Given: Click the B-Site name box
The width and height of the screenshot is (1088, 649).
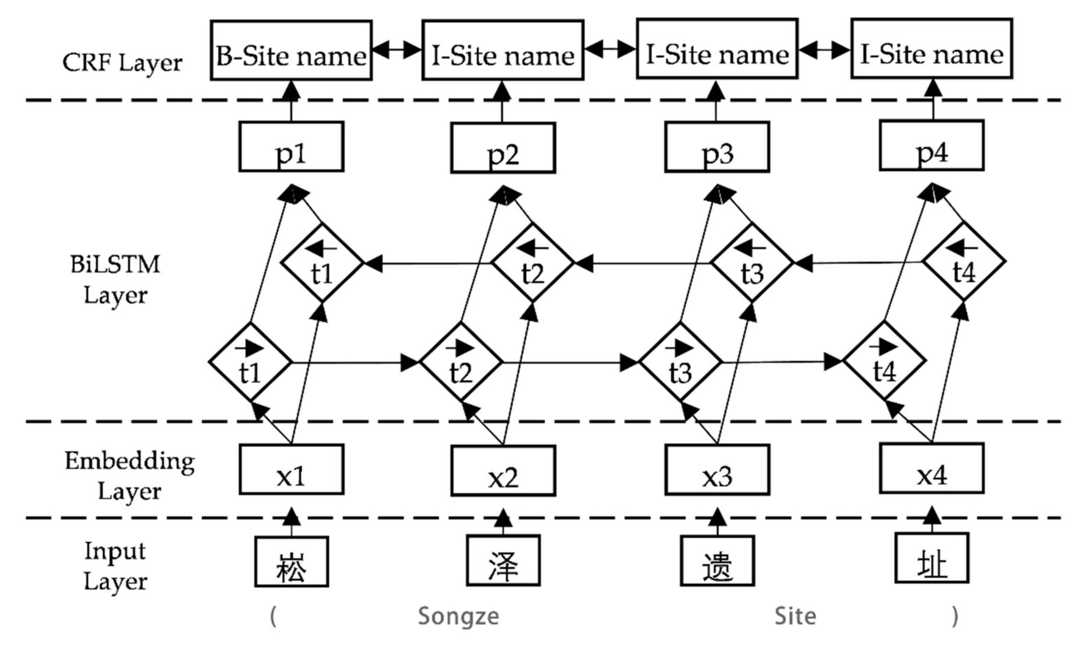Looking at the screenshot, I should coord(291,50).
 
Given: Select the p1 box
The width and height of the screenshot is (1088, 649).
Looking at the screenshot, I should coord(291,146).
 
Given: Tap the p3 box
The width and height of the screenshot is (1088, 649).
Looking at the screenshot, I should coord(717,146).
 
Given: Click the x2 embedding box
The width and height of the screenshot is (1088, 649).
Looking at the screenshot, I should coord(503,471).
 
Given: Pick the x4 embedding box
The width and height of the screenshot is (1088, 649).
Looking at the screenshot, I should coord(932,468).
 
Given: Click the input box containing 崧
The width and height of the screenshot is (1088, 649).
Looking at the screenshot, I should coord(292,562).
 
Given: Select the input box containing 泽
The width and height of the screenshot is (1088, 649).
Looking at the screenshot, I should coord(503,561).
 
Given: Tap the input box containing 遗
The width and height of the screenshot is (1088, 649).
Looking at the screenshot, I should coord(717,561).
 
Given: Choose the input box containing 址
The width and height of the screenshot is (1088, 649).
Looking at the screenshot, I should coord(932,558).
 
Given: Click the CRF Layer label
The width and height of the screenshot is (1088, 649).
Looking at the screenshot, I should coord(122,63).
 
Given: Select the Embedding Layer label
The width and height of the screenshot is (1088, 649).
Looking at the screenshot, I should coord(129,476).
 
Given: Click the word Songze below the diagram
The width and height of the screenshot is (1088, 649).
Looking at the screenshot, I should coord(458,616).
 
